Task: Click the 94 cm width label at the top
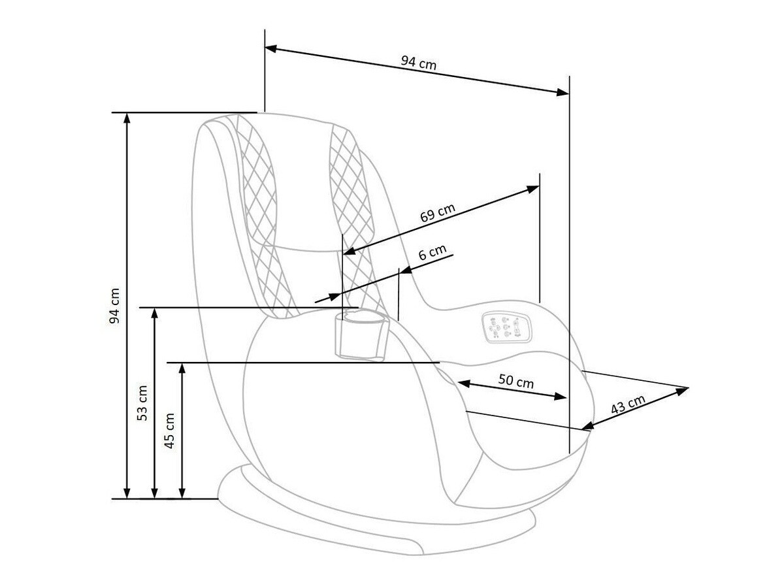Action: (418, 63)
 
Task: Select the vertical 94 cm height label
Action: (115, 306)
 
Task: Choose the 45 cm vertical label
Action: (170, 430)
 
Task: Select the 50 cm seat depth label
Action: (515, 381)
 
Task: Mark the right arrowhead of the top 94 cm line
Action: (563, 93)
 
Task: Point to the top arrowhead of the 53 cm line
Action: (155, 312)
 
